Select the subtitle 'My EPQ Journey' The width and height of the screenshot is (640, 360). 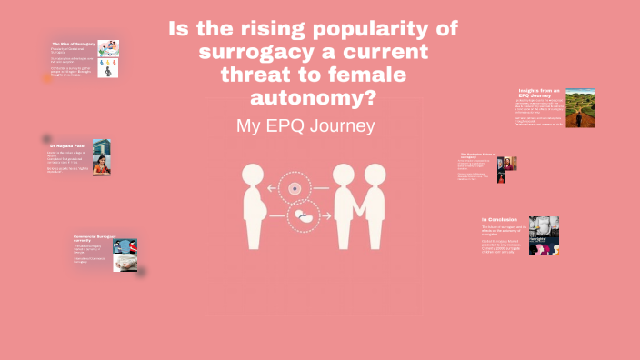pyautogui.click(x=305, y=126)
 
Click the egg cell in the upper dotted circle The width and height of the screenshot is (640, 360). pyautogui.click(x=295, y=189)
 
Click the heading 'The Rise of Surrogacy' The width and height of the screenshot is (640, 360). pyautogui.click(x=72, y=44)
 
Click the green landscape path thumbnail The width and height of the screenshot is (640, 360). pyautogui.click(x=580, y=108)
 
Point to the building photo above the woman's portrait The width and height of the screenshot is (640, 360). pyautogui.click(x=101, y=145)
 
